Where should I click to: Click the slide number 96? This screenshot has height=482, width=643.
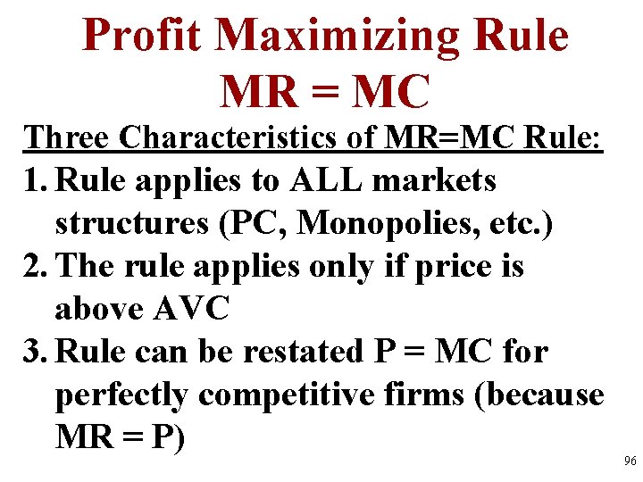point(630,461)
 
